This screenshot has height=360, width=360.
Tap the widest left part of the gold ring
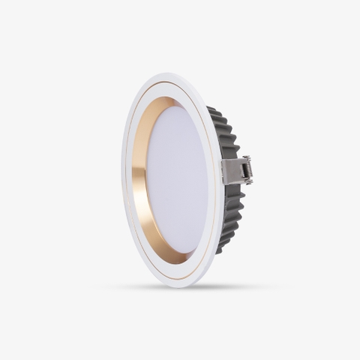(139, 180)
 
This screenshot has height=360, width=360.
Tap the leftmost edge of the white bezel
(122, 180)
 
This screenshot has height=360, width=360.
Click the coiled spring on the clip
(246, 170)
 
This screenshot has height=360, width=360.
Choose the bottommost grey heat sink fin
(220, 250)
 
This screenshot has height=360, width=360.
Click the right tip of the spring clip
(251, 171)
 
